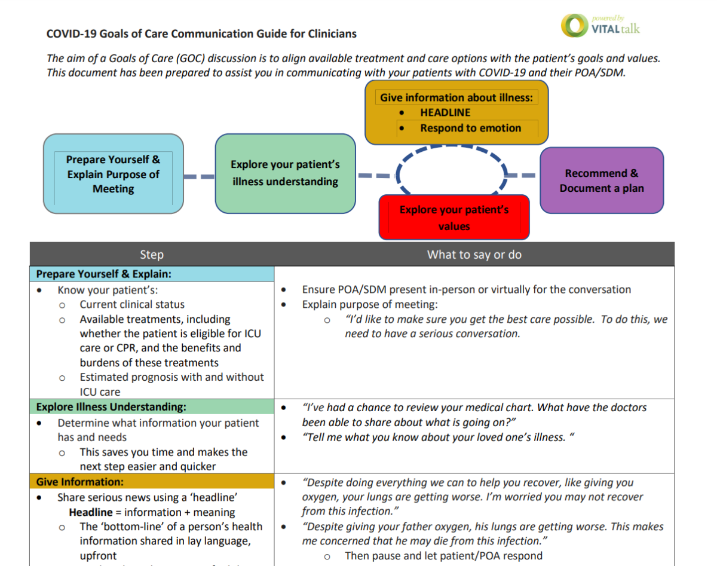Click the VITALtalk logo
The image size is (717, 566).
coord(600,25)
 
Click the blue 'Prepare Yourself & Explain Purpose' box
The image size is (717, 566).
coord(113,174)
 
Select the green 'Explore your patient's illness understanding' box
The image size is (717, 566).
coord(285,173)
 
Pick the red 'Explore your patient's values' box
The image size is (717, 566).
coord(454,218)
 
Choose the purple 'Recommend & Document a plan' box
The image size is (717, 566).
coord(601,180)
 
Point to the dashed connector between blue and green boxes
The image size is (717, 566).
coord(199,177)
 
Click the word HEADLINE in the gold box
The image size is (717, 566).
coord(445,112)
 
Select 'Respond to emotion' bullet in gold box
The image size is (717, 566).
coord(470,128)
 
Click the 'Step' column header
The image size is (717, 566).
coord(152,255)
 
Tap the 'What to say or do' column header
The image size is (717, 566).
coord(474,255)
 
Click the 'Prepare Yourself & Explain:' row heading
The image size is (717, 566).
coord(104,274)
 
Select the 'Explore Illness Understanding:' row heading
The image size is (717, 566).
coord(111,407)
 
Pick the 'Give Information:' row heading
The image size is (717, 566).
coord(80,482)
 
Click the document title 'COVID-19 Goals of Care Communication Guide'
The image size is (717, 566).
coord(201,33)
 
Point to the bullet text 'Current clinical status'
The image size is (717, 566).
coord(132,304)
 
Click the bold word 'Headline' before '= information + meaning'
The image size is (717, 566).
coord(90,512)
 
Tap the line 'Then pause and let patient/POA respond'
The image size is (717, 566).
coord(443,556)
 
